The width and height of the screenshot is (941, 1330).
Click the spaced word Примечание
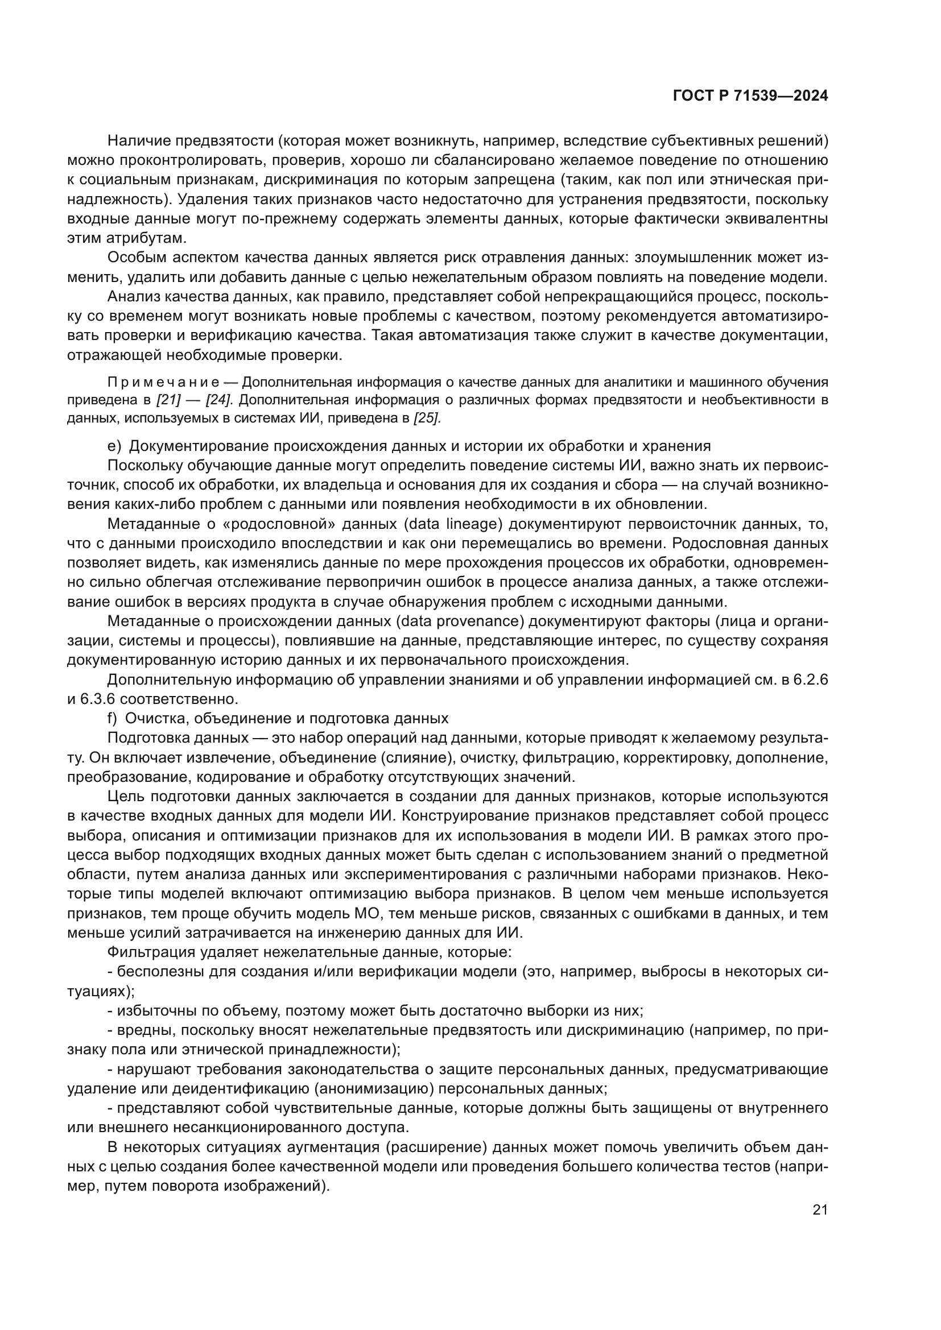tap(163, 382)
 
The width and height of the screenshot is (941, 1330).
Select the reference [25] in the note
tap(427, 419)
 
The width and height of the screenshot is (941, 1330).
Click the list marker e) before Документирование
tap(114, 446)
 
